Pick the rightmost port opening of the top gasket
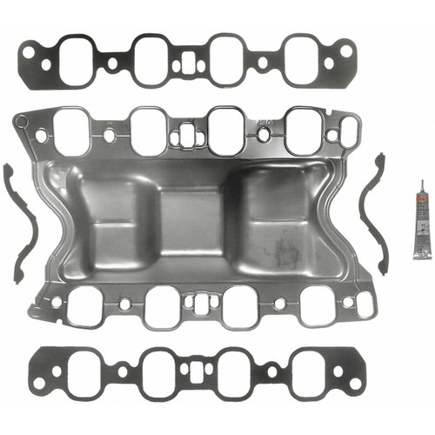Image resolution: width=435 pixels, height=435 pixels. coord(302,58)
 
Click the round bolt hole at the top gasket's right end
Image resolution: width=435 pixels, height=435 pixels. coord(345,52)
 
